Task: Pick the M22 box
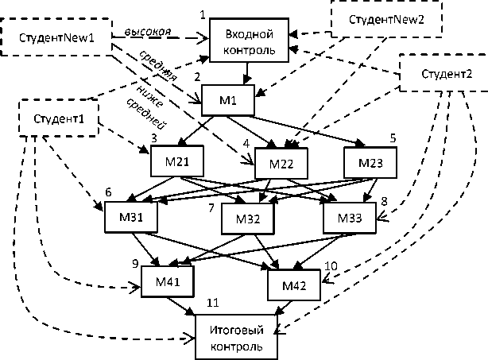point(282,165)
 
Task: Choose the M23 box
point(370,162)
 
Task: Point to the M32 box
point(247,218)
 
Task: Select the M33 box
point(349,218)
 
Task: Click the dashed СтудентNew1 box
point(56,37)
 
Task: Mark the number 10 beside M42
point(331,265)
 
